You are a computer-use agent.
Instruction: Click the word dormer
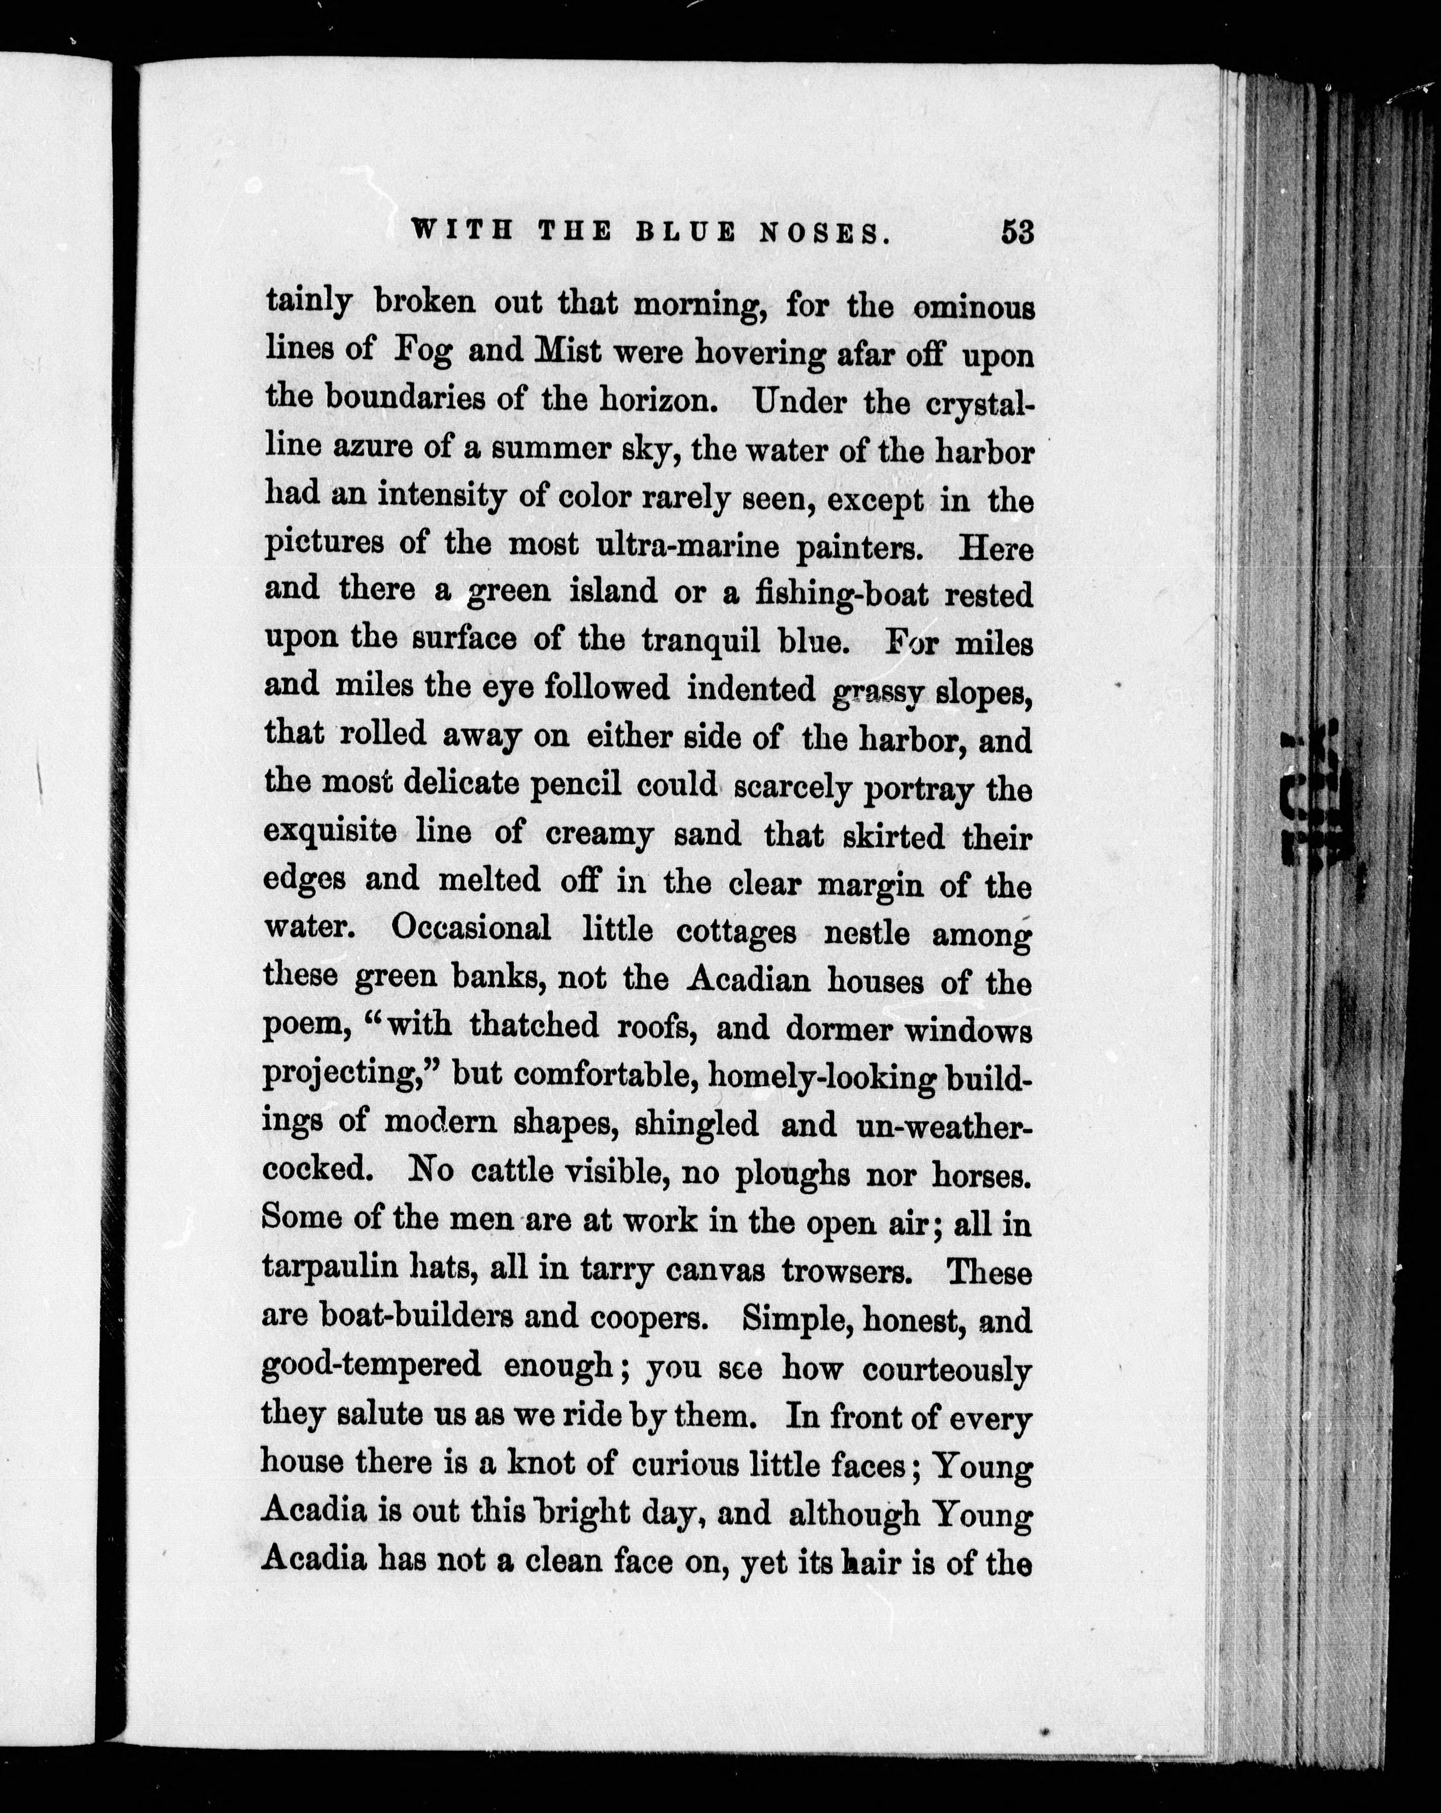point(849,1028)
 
